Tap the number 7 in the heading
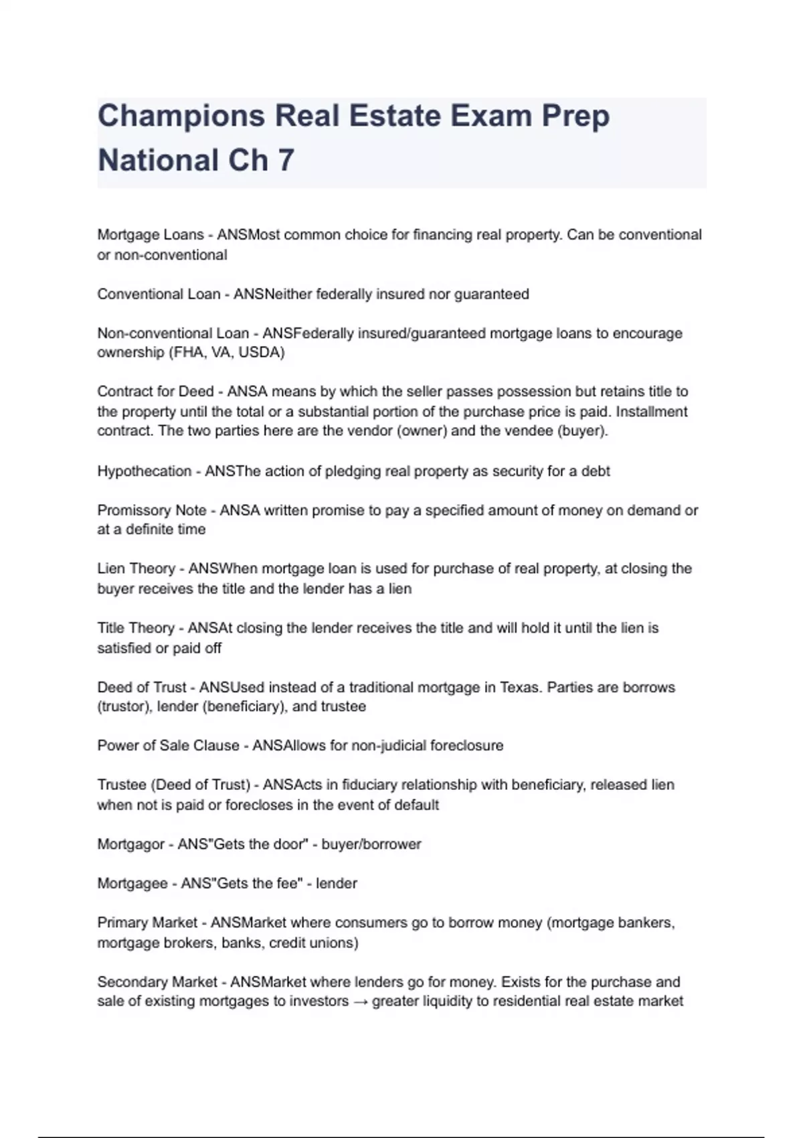coord(286,161)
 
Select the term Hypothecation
coord(145,471)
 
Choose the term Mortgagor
coord(130,844)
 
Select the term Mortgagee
coord(132,884)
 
